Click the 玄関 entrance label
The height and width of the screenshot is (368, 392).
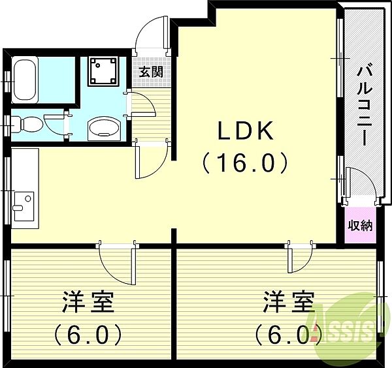[x=151, y=72]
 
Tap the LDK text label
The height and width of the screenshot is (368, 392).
[x=246, y=130]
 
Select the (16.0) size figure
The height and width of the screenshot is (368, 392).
[x=245, y=163]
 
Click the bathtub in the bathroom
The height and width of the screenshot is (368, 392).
[x=25, y=80]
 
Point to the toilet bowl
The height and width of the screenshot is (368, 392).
[x=27, y=124]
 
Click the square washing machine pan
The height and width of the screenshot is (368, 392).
[x=103, y=71]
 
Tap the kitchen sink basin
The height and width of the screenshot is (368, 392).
[x=24, y=206]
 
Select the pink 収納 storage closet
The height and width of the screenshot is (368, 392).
[x=360, y=225]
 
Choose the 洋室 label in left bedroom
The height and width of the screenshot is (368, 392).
[x=88, y=302]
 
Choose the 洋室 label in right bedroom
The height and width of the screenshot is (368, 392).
[x=288, y=301]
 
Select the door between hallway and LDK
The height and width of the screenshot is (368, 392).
[x=152, y=160]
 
